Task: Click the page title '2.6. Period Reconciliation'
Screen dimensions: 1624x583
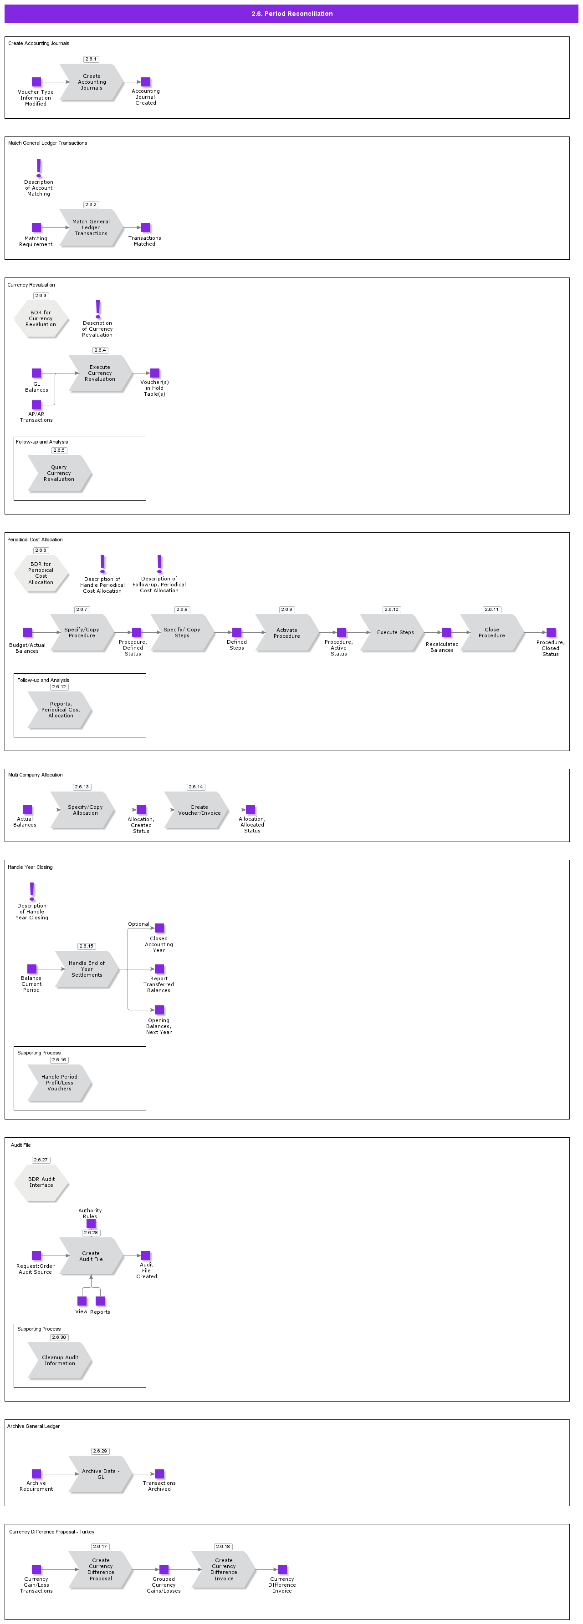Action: point(291,14)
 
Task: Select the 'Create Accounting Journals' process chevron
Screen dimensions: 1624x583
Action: point(92,82)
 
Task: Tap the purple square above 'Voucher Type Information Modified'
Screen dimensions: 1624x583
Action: point(36,82)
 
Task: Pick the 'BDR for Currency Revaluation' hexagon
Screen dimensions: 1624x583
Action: point(41,318)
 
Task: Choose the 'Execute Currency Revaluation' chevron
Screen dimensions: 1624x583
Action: point(100,373)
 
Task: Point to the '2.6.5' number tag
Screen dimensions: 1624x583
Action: point(59,450)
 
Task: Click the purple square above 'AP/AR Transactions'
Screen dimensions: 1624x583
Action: point(36,405)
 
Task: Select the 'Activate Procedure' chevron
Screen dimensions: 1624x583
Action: point(286,633)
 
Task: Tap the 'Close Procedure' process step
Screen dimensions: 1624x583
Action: point(491,633)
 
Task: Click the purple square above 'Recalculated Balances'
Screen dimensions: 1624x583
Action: point(446,632)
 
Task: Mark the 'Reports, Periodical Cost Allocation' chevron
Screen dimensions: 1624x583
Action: point(60,710)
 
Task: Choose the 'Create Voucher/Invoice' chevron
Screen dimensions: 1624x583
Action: point(199,810)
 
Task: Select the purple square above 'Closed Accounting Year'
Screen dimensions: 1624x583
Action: point(159,928)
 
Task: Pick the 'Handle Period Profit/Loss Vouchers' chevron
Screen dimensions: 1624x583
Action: point(59,1083)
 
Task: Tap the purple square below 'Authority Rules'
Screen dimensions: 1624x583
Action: point(91,1224)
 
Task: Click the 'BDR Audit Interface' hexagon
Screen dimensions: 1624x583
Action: point(41,1182)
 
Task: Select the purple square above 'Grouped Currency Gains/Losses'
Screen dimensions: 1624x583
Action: point(164,1569)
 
